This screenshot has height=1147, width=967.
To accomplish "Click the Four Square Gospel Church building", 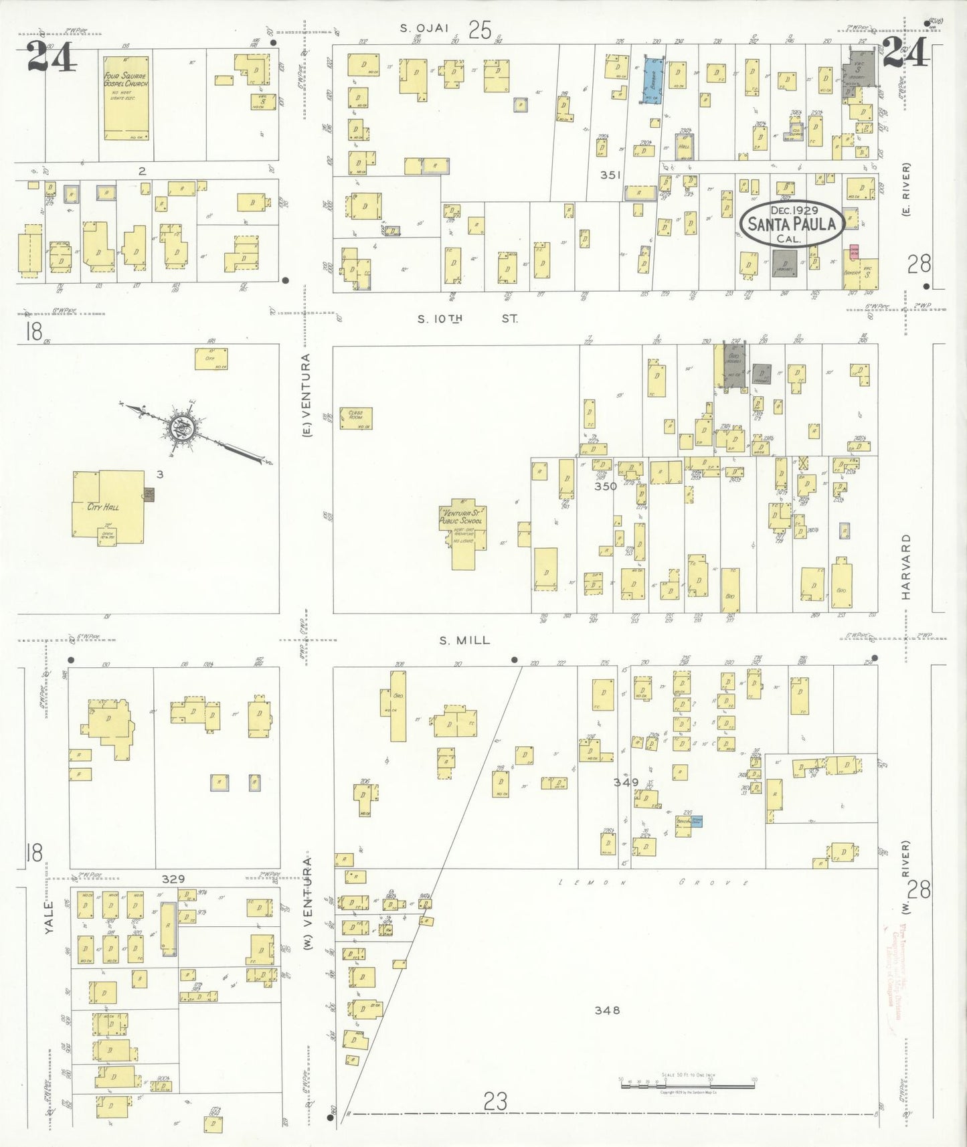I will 126,97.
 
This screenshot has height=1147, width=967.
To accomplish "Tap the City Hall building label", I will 103,507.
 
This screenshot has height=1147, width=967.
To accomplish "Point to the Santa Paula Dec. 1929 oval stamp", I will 790,224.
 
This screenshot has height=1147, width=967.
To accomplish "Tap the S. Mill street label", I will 464,640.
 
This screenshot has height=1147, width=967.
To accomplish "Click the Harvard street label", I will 906,566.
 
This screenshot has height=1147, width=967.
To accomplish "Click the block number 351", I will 610,175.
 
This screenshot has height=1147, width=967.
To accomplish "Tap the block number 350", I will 605,487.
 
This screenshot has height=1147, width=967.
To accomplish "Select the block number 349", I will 626,782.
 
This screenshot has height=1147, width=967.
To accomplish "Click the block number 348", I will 607,1010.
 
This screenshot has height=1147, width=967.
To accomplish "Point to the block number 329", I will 173,879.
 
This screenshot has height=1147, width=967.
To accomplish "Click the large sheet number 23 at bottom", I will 495,1101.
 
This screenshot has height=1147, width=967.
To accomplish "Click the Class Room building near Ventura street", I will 355,418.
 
